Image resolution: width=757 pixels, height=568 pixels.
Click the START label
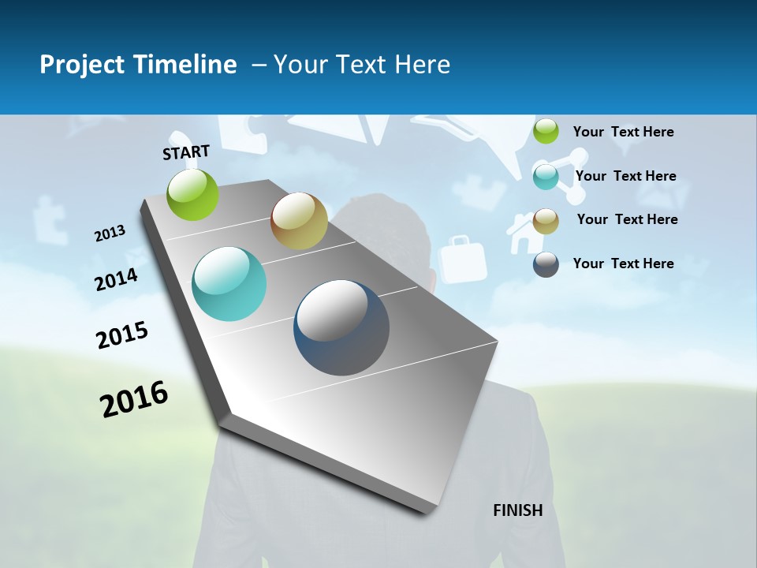point(186,152)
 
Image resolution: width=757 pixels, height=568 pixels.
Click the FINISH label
point(517,510)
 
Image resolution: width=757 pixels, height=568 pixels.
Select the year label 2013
point(110,234)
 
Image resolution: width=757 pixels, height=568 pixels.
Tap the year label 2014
point(116,280)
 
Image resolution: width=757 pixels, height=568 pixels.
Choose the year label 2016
point(134,398)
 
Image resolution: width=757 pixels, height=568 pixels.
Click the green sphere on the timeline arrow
point(193,194)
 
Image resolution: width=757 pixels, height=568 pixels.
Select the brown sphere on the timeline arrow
point(299,221)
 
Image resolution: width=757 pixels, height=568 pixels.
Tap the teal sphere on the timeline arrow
point(229,284)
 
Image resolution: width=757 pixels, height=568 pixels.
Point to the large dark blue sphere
point(341,327)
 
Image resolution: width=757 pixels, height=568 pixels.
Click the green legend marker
point(546,132)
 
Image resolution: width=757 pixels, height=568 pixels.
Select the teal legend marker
point(546,176)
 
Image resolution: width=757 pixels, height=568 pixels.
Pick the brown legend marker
point(546,220)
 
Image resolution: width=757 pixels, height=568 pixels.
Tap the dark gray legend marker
point(546,264)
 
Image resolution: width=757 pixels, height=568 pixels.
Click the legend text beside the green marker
point(623,132)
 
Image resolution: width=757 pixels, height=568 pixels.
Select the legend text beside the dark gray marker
point(623,263)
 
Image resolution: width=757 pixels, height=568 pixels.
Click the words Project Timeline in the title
point(138,65)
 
